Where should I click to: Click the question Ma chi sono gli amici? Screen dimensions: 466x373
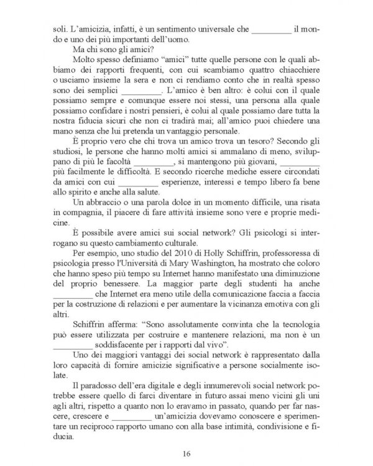coord(111,49)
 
